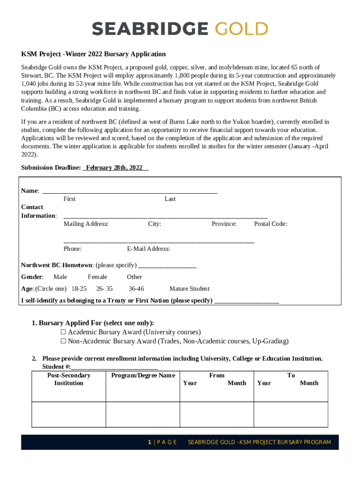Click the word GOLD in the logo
point(241,29)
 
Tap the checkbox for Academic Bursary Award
point(64,332)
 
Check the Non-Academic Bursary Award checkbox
point(64,341)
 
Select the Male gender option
point(60,277)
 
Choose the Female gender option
point(97,277)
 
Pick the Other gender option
point(134,277)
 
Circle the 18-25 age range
point(79,289)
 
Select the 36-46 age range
point(136,289)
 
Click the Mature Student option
point(189,289)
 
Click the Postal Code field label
point(270,224)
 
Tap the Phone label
point(72,249)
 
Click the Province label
point(224,224)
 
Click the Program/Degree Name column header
point(143,375)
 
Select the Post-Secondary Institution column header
point(69,379)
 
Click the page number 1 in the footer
point(149,442)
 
